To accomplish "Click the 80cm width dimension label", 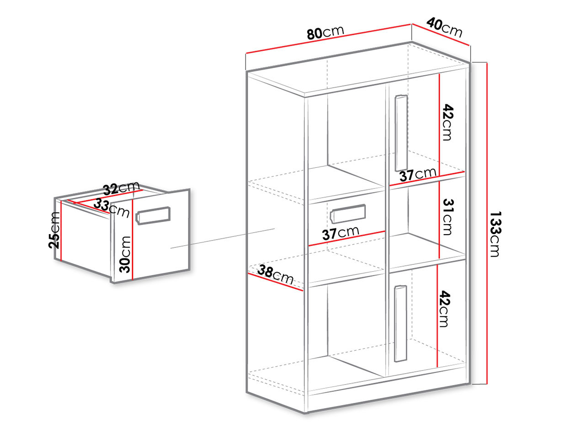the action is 325,32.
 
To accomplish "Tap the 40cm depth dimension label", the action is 444,27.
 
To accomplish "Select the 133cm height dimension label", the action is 495,234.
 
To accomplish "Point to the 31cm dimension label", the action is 448,217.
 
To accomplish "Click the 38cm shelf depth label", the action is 275,274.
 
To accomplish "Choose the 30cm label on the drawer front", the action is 125,254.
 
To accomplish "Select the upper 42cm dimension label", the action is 447,123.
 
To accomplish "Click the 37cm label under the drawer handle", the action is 340,233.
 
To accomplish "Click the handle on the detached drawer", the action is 153,215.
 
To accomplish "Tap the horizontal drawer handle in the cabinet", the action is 348,213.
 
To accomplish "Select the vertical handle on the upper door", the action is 401,133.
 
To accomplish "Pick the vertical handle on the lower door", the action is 400,324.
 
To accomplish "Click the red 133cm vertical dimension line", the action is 487,223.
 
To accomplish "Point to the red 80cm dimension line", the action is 328,39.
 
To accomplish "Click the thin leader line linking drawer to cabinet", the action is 223,238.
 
